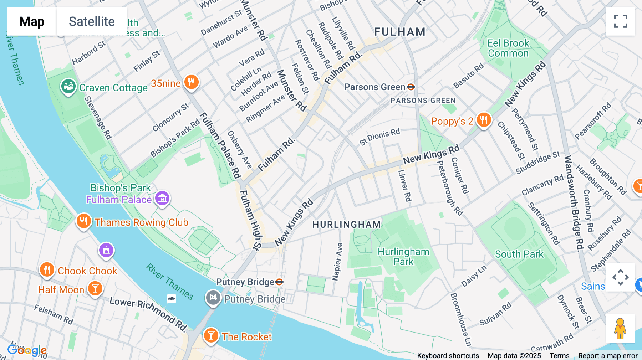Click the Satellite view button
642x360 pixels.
tap(92, 21)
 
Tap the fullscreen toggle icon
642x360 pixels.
tap(620, 21)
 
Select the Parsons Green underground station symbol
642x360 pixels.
tap(411, 87)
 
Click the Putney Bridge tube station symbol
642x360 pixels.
tap(279, 282)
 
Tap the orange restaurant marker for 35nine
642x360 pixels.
tap(191, 82)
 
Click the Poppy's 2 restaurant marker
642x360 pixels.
tap(484, 120)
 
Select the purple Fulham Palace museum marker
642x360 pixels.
tap(162, 198)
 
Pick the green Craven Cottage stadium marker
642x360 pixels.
tap(68, 86)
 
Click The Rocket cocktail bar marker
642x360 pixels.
tap(211, 335)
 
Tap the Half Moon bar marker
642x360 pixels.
tap(95, 288)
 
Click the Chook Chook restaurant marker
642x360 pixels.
tap(47, 269)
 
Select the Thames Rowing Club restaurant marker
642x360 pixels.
tap(83, 221)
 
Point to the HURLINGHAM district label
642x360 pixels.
tap(347, 225)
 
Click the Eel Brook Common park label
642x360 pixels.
tap(508, 48)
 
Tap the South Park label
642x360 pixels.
tap(519, 254)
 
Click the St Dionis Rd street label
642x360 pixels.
tap(379, 137)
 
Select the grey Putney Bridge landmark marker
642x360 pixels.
tap(213, 297)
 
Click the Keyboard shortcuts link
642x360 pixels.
tap(448, 356)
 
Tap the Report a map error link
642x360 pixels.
tap(608, 356)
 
